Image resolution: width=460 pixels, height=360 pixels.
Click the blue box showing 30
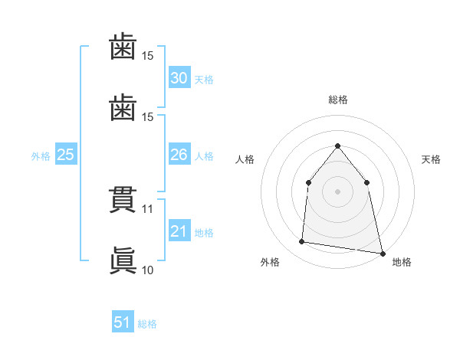[179, 77]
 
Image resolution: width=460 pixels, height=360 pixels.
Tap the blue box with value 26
[179, 155]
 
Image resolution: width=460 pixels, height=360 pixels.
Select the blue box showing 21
[179, 231]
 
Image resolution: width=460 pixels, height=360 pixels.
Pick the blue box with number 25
[66, 155]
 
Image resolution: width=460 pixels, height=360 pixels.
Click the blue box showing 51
[123, 322]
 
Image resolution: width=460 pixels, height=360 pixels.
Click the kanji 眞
[123, 260]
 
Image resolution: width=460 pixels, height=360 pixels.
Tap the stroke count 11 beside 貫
[148, 208]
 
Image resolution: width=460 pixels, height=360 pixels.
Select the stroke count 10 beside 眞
[148, 270]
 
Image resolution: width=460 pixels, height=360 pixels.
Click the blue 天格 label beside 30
[204, 79]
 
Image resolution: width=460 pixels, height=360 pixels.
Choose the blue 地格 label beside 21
[204, 233]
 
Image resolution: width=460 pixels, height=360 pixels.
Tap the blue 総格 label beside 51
[147, 324]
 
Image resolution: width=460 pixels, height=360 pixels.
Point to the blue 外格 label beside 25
[41, 156]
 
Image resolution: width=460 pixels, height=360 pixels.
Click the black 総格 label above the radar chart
[338, 100]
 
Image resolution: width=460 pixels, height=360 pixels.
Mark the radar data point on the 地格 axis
[382, 253]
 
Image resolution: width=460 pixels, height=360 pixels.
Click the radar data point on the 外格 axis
[302, 242]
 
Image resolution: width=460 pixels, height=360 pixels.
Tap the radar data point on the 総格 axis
[338, 146]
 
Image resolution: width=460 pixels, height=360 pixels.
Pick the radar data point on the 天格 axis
[367, 182]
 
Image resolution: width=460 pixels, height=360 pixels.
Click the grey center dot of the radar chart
[338, 191]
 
